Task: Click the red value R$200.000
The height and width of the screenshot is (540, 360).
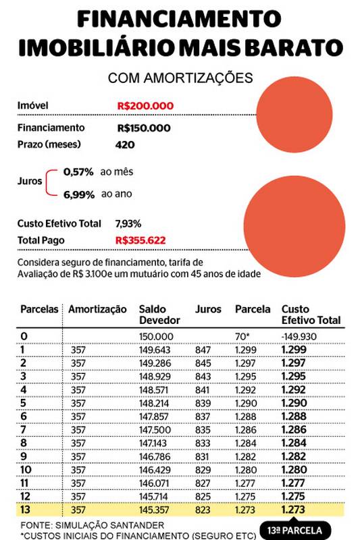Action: click(x=145, y=106)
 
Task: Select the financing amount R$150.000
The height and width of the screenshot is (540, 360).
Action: click(x=143, y=128)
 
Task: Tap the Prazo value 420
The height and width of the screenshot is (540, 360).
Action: click(x=125, y=144)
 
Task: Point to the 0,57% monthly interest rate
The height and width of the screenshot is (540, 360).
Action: click(x=78, y=172)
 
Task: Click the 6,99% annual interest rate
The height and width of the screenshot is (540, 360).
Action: click(x=78, y=194)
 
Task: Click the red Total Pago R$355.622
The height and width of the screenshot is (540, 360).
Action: click(x=140, y=240)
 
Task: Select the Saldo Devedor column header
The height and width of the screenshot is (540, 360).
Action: click(x=157, y=315)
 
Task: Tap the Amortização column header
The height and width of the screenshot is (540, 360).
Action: click(x=97, y=309)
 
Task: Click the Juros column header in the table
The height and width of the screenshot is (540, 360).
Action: click(x=207, y=309)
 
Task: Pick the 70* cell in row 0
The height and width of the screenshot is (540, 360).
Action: click(x=243, y=336)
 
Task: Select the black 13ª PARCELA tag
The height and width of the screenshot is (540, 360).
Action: click(x=295, y=531)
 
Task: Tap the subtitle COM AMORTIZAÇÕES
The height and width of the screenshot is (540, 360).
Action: click(x=180, y=78)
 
